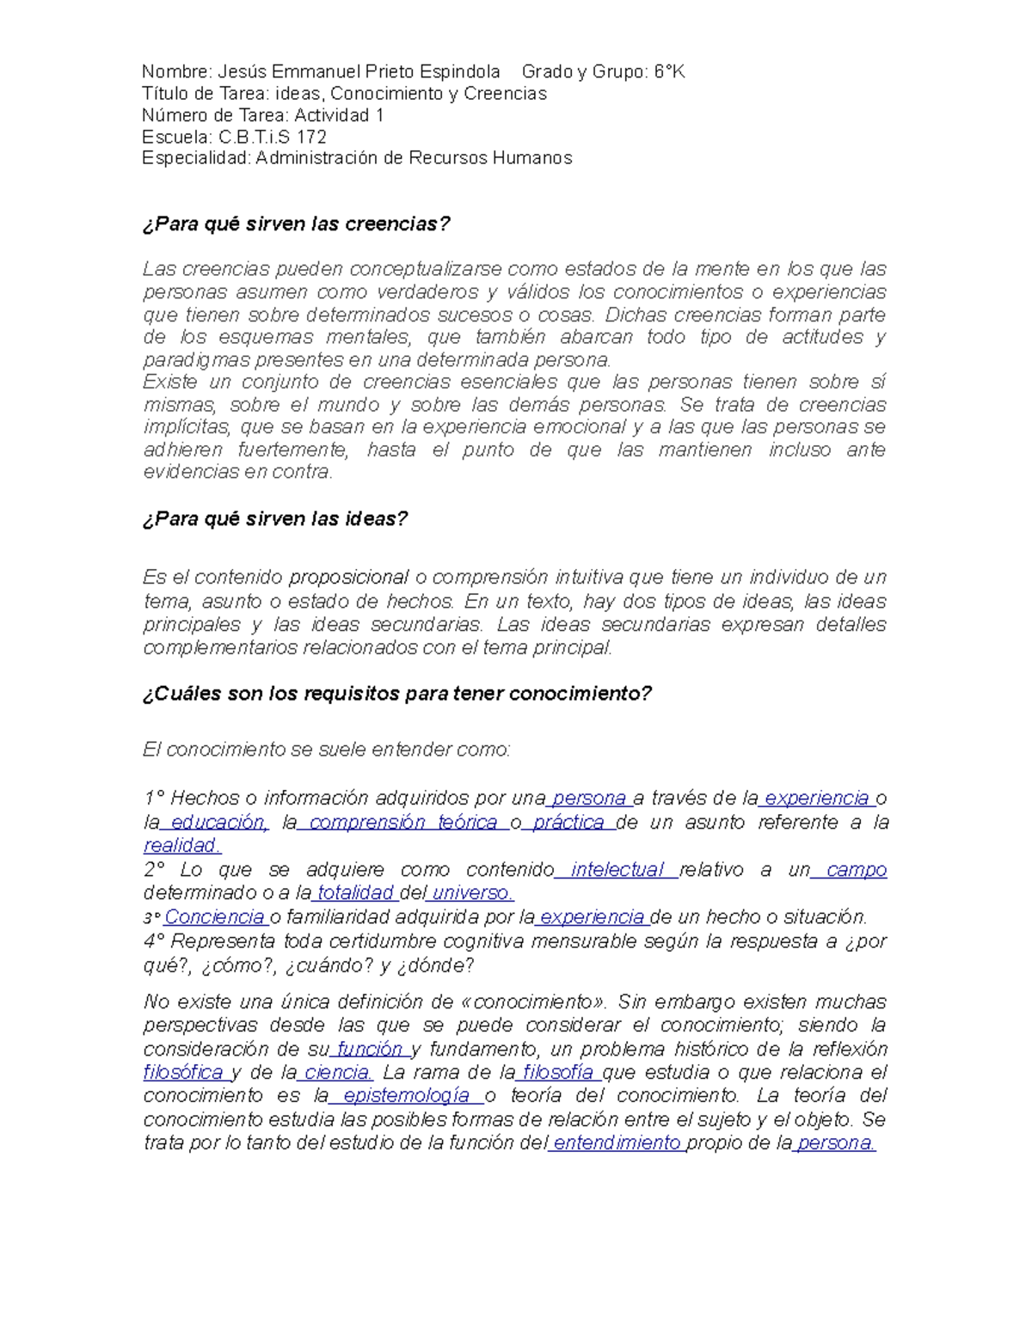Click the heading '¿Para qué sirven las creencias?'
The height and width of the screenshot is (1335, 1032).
point(296,224)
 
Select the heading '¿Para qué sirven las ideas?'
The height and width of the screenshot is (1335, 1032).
point(274,519)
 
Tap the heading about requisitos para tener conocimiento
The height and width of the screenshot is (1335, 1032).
point(396,694)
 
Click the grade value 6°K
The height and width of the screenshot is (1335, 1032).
point(669,72)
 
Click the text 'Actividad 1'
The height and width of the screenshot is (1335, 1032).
point(339,115)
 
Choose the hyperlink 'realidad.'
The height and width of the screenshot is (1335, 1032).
point(182,846)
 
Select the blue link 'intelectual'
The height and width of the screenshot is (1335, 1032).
point(617,870)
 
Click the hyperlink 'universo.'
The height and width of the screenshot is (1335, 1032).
point(472,893)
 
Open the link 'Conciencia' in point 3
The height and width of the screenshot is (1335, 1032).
point(214,917)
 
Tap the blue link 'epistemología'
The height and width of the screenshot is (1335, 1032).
point(406,1096)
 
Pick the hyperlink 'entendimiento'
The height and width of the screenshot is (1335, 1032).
point(617,1143)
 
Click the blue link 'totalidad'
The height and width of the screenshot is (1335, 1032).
point(355,893)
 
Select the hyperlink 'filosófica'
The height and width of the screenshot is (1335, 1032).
point(183,1073)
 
